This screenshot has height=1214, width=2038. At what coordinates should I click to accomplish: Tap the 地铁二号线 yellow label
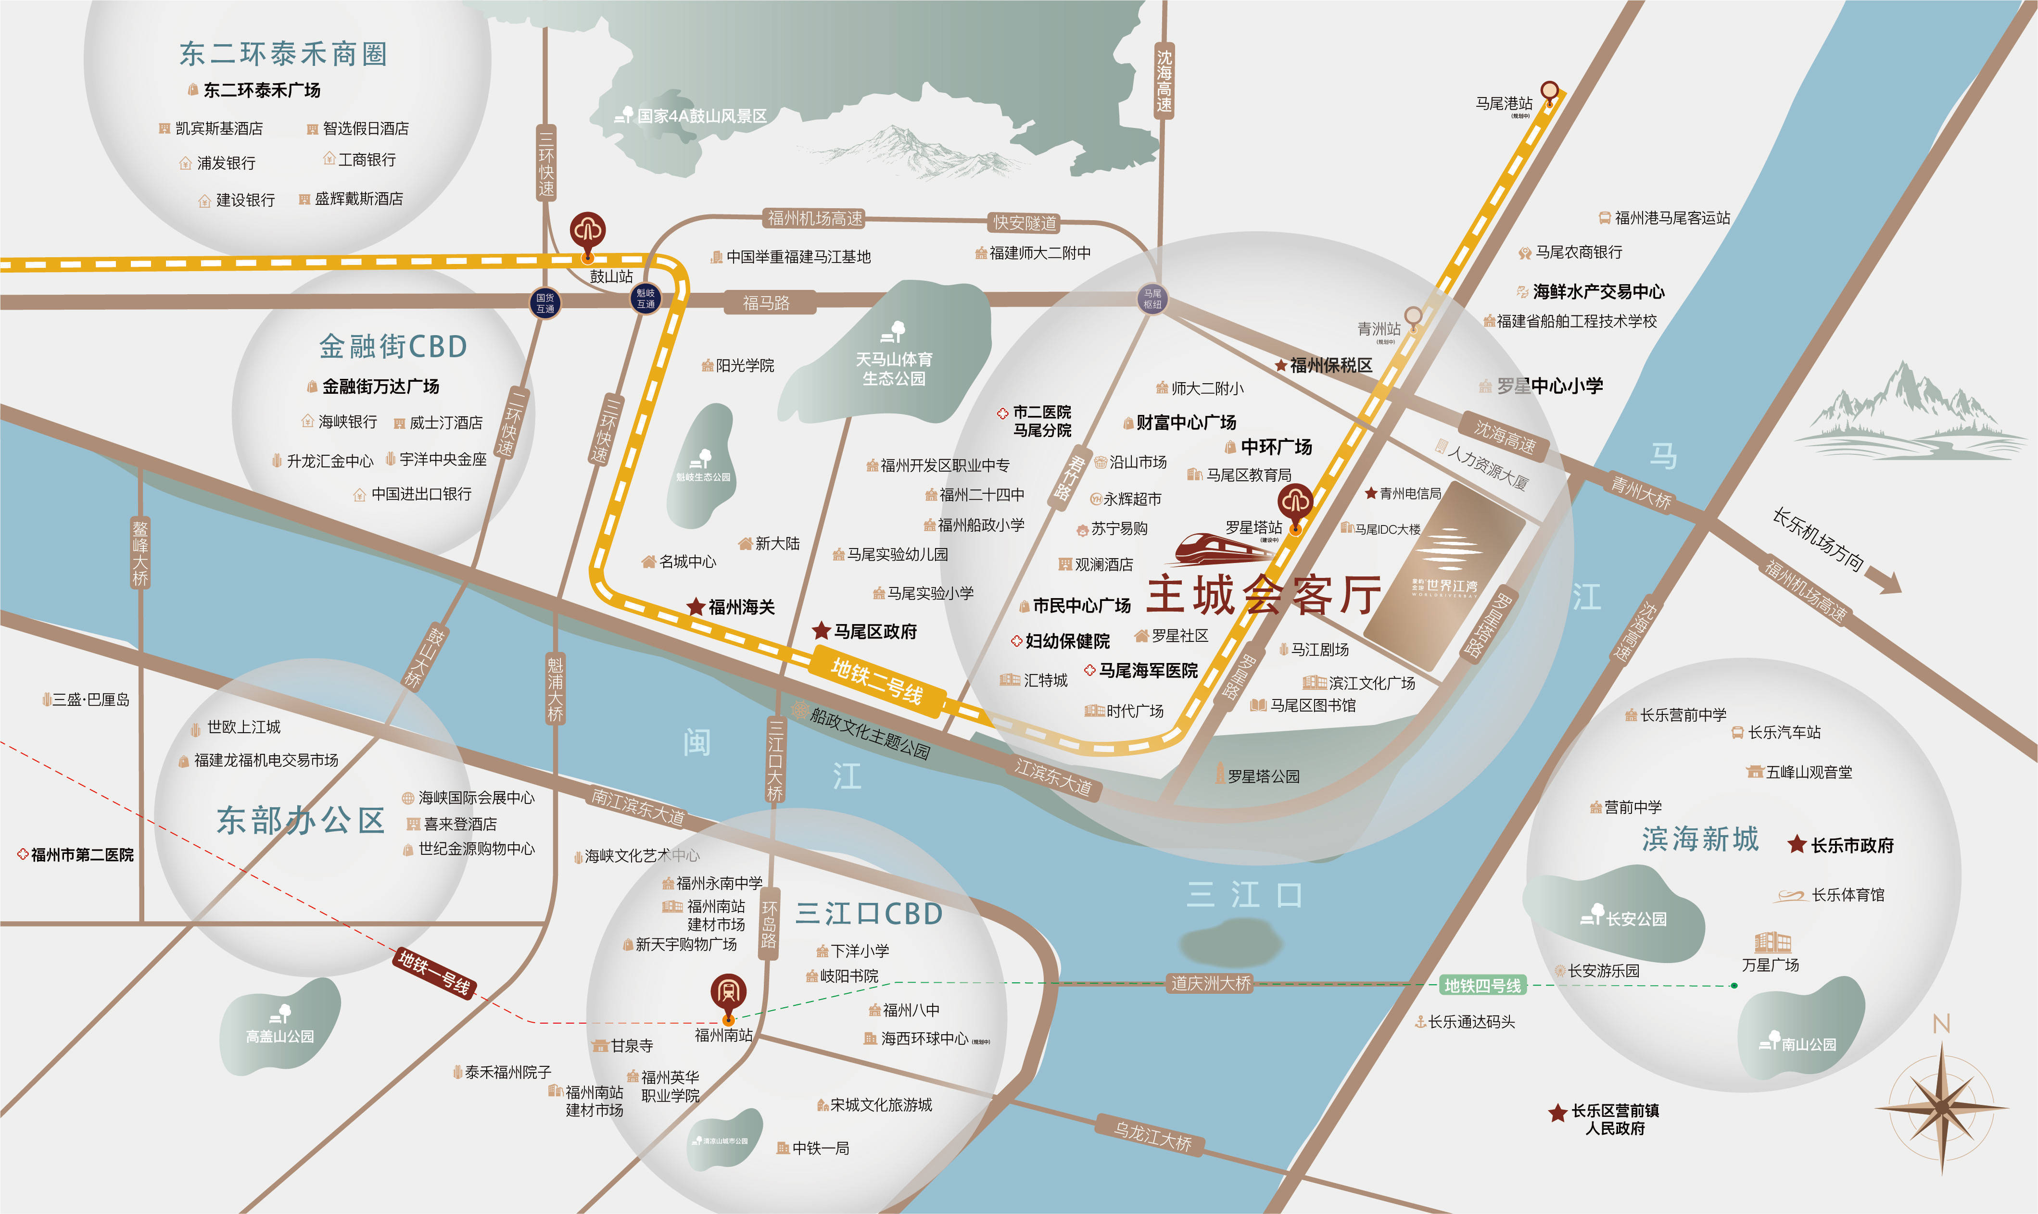coord(876,681)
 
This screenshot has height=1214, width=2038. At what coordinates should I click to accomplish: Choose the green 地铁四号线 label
coord(1482,986)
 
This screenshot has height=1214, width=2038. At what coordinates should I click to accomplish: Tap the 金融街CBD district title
coord(392,347)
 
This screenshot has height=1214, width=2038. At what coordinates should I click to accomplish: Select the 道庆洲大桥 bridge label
coord(1211,983)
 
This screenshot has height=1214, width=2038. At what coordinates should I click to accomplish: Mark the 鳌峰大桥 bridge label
coord(141,552)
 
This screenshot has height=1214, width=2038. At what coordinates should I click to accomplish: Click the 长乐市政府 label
coord(1851,845)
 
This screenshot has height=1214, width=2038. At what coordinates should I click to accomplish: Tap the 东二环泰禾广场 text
coord(262,90)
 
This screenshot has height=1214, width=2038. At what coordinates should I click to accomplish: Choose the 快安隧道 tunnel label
coord(1025,223)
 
